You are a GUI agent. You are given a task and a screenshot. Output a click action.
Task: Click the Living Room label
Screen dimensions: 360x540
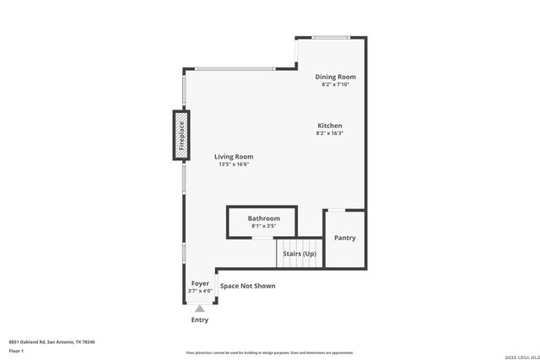(x=234, y=157)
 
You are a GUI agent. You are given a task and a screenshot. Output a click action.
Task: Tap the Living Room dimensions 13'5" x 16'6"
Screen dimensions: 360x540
(x=234, y=164)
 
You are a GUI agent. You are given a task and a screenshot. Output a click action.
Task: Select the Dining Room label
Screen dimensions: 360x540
(x=335, y=77)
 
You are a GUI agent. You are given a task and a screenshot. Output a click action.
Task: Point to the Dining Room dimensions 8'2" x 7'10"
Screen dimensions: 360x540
(x=335, y=84)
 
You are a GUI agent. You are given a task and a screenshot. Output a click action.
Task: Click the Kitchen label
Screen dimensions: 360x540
(x=329, y=126)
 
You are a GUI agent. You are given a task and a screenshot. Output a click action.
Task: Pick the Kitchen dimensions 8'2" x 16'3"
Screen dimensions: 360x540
(x=329, y=133)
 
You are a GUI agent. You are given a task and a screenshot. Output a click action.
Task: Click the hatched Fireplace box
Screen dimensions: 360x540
(x=181, y=135)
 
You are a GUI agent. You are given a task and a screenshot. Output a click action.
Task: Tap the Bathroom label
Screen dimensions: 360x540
(x=263, y=218)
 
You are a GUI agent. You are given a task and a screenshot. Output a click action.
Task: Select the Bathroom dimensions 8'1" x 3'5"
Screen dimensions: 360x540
(x=263, y=226)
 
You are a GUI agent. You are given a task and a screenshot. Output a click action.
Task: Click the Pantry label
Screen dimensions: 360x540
(x=344, y=238)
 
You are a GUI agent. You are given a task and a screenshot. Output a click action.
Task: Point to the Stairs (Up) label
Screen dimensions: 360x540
(x=299, y=253)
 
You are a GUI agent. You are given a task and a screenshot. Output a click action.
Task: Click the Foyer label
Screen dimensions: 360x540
(x=200, y=283)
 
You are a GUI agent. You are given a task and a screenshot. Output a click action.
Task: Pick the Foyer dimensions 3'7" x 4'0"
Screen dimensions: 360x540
(x=200, y=291)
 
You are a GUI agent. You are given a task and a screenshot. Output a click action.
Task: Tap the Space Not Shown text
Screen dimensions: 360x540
(x=247, y=286)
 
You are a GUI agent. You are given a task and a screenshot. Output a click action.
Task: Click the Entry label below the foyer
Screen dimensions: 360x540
(x=200, y=320)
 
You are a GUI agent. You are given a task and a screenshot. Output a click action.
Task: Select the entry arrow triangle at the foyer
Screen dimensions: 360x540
(x=200, y=309)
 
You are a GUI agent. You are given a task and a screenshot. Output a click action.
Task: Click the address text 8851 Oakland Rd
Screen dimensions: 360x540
(x=51, y=341)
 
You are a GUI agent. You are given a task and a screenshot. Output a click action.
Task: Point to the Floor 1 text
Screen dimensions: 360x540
(x=16, y=350)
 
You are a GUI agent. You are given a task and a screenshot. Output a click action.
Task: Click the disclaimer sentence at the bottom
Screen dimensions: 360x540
(x=269, y=352)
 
